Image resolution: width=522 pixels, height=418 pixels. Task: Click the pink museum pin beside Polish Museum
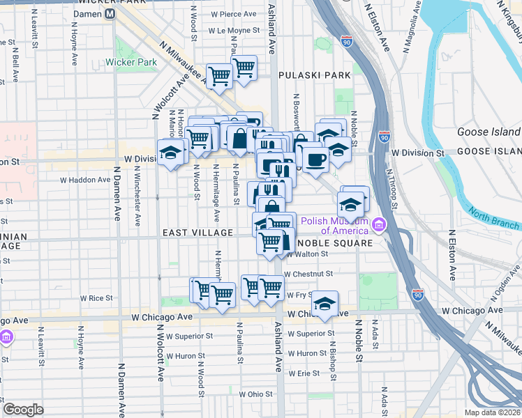tap(379, 224)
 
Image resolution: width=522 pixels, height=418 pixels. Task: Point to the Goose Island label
tap(489, 132)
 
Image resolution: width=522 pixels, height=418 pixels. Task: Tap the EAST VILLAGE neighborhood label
tap(198, 232)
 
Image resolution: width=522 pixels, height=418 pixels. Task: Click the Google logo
tap(24, 409)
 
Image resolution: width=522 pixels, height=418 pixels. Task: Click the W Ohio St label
tap(256, 394)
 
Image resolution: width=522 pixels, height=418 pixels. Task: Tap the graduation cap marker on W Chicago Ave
tap(325, 304)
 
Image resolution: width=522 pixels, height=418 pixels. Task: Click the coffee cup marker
tap(315, 160)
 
